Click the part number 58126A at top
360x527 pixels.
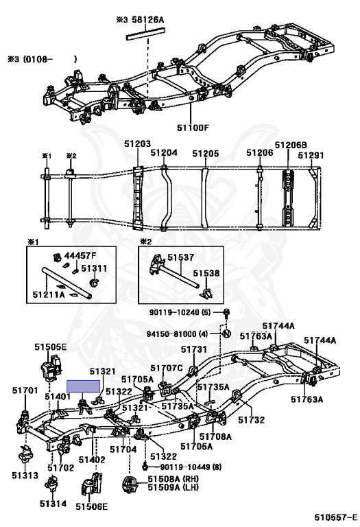click(x=147, y=20)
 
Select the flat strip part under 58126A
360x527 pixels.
click(x=146, y=34)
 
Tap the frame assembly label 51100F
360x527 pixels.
click(x=193, y=128)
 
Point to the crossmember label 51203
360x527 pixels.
click(x=137, y=144)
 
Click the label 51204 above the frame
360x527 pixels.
click(x=164, y=152)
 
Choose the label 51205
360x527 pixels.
click(x=206, y=154)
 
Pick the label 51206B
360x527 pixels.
click(x=291, y=145)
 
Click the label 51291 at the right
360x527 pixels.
click(x=311, y=155)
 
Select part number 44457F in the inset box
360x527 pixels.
click(x=77, y=256)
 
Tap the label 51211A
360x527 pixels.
click(x=49, y=295)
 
